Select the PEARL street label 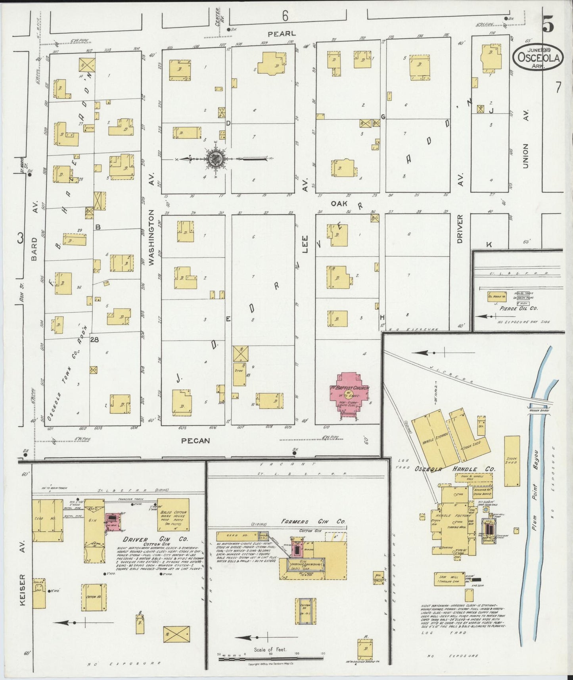[282, 34]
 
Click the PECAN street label [195, 440]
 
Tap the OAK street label [339, 203]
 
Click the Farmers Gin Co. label [313, 521]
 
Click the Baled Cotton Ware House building [173, 514]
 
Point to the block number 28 [94, 339]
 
